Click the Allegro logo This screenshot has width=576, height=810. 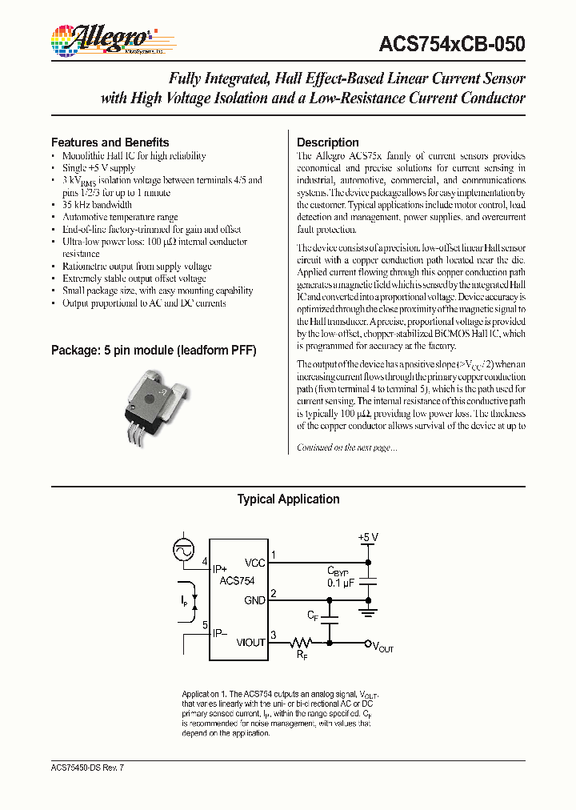[102, 38]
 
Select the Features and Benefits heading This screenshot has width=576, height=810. [110, 142]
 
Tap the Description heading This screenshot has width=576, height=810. [328, 142]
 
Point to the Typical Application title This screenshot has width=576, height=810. [288, 499]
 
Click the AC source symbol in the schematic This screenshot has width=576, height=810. [184, 550]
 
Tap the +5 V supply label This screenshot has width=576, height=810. [368, 537]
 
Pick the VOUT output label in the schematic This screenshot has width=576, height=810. [384, 647]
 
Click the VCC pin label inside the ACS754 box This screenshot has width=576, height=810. [254, 563]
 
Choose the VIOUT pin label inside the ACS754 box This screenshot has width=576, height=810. [250, 643]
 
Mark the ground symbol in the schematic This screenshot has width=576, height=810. [368, 613]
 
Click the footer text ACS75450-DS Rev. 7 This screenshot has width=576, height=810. [87, 768]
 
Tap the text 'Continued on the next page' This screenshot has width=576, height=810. [346, 448]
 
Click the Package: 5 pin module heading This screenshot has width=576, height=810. [154, 351]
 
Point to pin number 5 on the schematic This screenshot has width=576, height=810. [205, 625]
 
